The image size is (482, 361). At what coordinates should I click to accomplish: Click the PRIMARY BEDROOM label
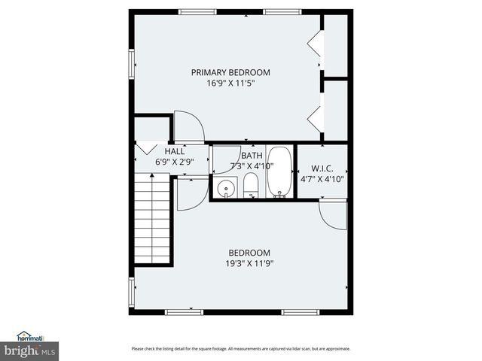230,72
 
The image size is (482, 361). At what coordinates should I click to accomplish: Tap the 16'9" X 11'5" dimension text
230,83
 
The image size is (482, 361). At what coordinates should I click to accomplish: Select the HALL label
175,151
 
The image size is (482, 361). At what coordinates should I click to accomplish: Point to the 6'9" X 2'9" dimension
175,162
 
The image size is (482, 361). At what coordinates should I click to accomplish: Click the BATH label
252,155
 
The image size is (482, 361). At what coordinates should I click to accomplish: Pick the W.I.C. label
322,169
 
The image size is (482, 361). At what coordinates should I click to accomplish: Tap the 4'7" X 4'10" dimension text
322,180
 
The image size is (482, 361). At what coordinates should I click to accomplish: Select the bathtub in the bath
280,171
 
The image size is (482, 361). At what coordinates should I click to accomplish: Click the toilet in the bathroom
252,186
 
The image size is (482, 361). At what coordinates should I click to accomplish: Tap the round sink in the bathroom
224,189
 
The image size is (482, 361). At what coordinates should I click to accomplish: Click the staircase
153,218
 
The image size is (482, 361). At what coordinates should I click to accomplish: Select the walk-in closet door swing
332,215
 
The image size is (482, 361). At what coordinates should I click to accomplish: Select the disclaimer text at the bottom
240,348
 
